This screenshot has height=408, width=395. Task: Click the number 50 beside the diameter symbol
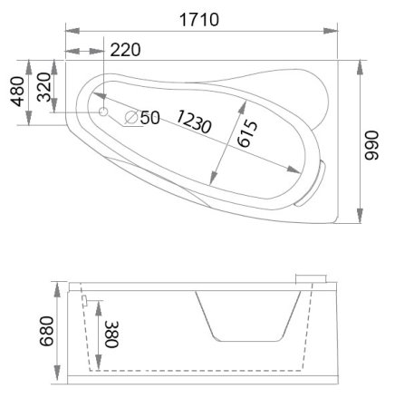pyautogui.click(x=149, y=117)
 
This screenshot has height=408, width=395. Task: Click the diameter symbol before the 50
pyautogui.click(x=130, y=117)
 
